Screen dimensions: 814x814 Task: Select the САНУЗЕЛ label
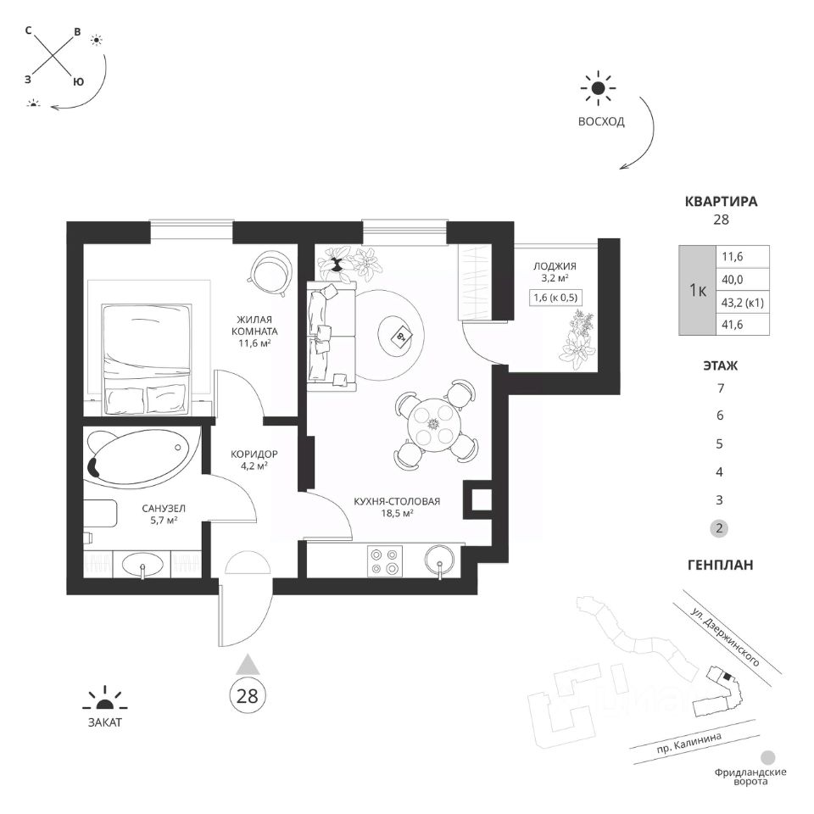coord(164,508)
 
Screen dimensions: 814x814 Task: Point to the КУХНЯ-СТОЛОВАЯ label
coord(396,501)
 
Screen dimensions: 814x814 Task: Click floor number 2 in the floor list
coord(719,527)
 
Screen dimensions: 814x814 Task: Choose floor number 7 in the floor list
coord(719,389)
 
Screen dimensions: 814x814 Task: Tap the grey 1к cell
coord(698,290)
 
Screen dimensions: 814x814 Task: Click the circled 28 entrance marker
coord(247,696)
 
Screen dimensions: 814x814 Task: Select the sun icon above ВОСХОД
coord(599,87)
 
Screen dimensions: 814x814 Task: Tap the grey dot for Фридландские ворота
coord(768,757)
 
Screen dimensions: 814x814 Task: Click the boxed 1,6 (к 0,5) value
coord(555,297)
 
